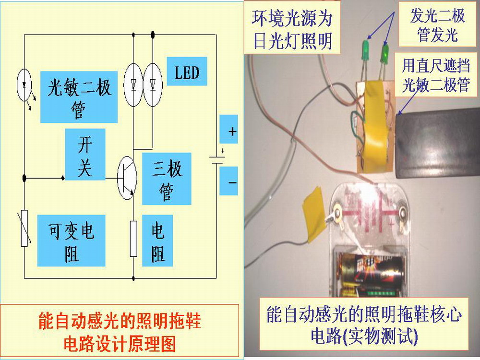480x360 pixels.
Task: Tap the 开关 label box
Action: click(x=85, y=154)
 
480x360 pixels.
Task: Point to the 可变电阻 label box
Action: click(x=71, y=240)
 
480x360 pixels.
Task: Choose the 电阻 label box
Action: click(x=158, y=242)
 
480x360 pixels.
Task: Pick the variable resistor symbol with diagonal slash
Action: click(x=24, y=228)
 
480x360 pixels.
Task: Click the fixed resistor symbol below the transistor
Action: click(x=134, y=239)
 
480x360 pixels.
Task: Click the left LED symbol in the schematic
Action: click(x=133, y=84)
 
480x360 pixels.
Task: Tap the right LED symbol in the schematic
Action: click(x=153, y=84)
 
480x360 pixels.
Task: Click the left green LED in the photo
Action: click(x=365, y=51)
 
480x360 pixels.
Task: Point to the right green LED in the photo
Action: click(x=384, y=54)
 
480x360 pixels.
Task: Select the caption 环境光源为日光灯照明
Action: click(x=292, y=30)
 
